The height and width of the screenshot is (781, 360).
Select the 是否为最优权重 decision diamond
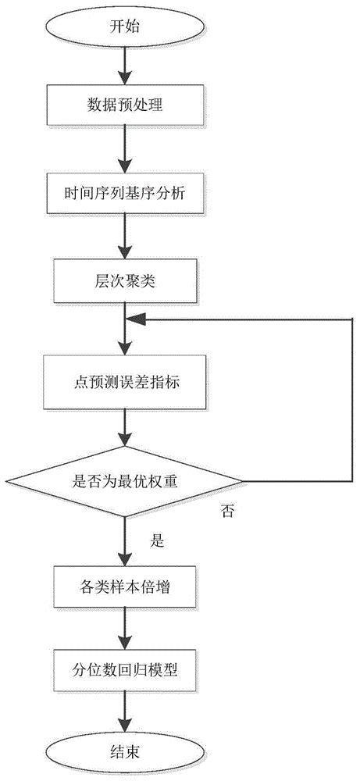(x=125, y=480)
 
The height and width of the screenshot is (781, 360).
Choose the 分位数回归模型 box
(x=125, y=670)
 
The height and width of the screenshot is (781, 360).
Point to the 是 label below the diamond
(x=156, y=540)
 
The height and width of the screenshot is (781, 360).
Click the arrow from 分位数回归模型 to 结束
(x=125, y=711)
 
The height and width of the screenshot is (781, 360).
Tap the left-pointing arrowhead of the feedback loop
(x=136, y=318)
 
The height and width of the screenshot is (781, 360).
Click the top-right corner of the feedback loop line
(x=351, y=318)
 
